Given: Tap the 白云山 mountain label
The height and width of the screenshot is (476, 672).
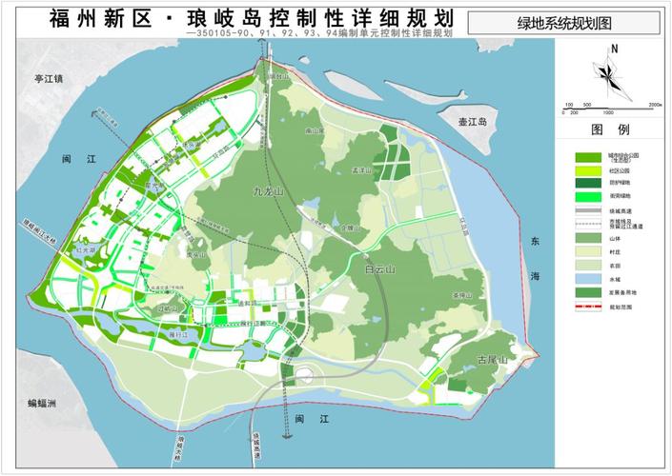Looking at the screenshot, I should click(x=382, y=270).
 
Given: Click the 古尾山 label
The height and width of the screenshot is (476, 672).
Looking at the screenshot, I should click(x=492, y=359).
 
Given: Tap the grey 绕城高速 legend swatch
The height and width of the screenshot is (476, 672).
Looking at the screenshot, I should click(x=587, y=210).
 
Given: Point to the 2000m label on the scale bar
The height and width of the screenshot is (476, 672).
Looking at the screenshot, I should click(x=654, y=103).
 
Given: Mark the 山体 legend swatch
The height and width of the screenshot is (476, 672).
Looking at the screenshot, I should click(x=587, y=238).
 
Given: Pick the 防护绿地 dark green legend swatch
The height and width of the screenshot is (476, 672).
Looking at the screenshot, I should click(x=587, y=183).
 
